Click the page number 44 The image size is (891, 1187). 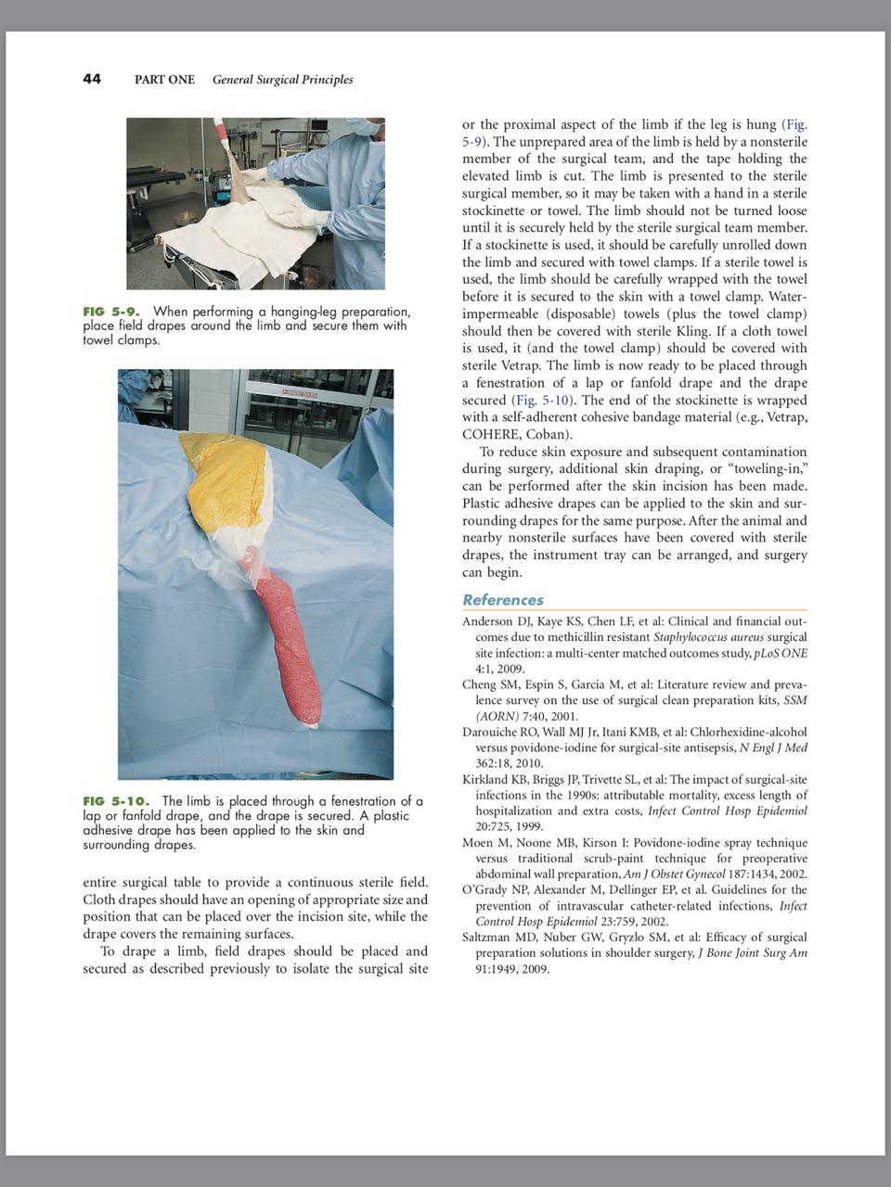(92, 79)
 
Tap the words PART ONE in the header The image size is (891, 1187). (164, 80)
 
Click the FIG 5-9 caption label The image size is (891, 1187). (110, 312)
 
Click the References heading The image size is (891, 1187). (503, 600)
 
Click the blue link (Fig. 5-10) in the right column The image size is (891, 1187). (543, 400)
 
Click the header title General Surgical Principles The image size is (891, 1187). (282, 80)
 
